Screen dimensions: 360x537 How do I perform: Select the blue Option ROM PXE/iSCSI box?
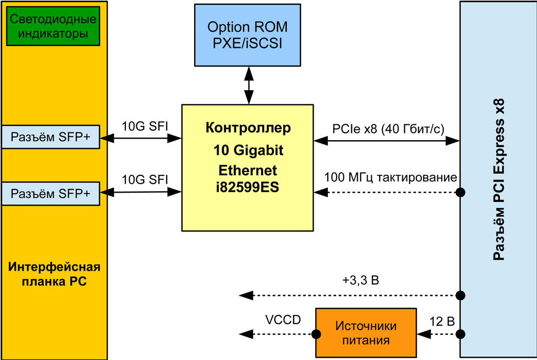click(248, 35)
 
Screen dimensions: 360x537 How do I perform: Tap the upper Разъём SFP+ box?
click(50, 137)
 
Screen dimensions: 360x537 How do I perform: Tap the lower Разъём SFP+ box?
click(50, 194)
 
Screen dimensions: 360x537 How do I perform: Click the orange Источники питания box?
click(366, 333)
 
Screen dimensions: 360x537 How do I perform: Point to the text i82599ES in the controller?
click(248, 187)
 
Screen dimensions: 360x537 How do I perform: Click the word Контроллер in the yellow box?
click(248, 128)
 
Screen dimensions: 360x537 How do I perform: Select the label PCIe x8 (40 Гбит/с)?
click(388, 129)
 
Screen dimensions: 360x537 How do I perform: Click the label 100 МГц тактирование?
click(391, 177)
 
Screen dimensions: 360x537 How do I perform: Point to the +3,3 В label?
click(360, 280)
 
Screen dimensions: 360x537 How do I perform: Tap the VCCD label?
click(283, 320)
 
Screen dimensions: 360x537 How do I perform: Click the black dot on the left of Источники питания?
click(316, 334)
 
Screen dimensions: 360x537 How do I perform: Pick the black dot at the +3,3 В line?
click(460, 295)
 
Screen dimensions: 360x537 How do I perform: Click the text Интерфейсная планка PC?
click(55, 274)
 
